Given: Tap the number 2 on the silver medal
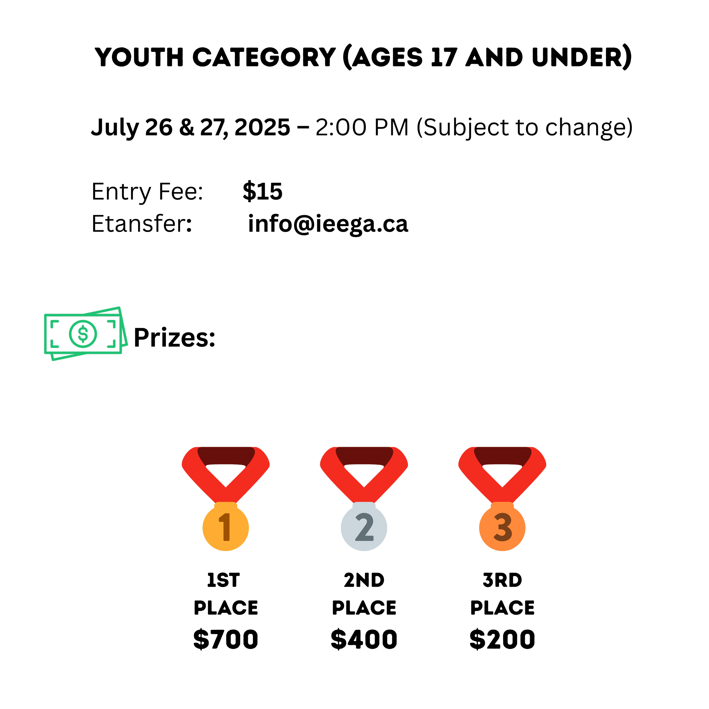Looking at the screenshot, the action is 364,527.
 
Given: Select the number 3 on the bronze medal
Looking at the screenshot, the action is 502,527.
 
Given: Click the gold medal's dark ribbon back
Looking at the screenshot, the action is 226,455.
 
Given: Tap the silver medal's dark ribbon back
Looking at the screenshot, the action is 364,455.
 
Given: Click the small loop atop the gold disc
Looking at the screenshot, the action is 226,505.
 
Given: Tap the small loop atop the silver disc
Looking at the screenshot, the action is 364,505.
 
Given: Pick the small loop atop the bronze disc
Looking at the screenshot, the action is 502,505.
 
